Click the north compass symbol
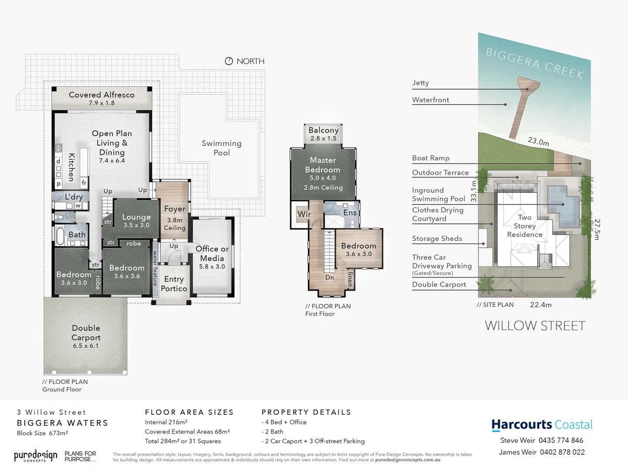coord(229,61)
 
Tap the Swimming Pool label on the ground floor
coord(222,148)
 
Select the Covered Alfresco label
coord(102,95)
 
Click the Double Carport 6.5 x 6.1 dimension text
coord(85,346)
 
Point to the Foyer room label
coord(174,209)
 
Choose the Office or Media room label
coord(212,253)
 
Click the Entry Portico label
coord(174,283)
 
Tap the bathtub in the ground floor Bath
coord(60,236)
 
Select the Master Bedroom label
coord(323,165)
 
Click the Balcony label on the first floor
coord(323,130)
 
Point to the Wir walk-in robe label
coord(304,214)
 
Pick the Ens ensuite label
coord(350,212)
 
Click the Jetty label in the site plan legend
coord(420,83)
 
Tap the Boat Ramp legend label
coord(431,158)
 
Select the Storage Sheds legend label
coord(437,239)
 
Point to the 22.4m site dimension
coord(541,305)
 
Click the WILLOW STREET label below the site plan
coord(535,326)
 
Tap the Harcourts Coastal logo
coord(542,425)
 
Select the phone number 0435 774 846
coord(561,440)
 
